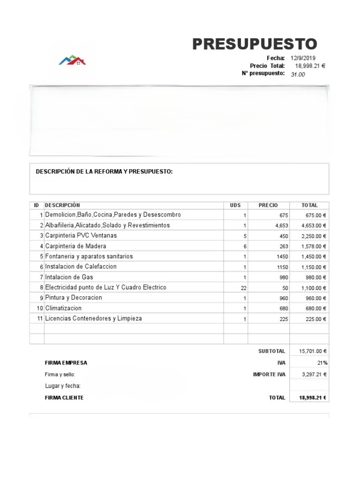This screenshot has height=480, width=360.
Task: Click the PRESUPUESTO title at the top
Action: click(255, 44)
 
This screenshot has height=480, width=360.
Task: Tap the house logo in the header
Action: click(72, 60)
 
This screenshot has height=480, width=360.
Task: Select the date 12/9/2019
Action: click(303, 58)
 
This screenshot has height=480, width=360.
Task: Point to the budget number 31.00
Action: click(298, 75)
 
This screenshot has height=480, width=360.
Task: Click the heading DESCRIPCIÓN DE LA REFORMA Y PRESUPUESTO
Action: click(104, 172)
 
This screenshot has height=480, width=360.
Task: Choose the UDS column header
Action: click(235, 205)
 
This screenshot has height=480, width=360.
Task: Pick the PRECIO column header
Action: click(268, 205)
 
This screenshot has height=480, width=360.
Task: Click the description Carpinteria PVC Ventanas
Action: click(81, 235)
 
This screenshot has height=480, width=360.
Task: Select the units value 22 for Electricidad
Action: click(243, 288)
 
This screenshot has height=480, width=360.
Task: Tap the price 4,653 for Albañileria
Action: click(282, 225)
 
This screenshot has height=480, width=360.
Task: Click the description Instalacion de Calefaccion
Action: click(81, 266)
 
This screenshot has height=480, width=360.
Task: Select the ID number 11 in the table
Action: click(40, 319)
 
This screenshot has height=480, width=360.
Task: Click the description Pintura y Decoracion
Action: click(74, 298)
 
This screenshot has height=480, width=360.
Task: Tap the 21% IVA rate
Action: click(322, 363)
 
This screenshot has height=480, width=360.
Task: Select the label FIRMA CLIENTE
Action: click(64, 397)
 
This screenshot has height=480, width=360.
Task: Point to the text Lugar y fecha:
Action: click(63, 386)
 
